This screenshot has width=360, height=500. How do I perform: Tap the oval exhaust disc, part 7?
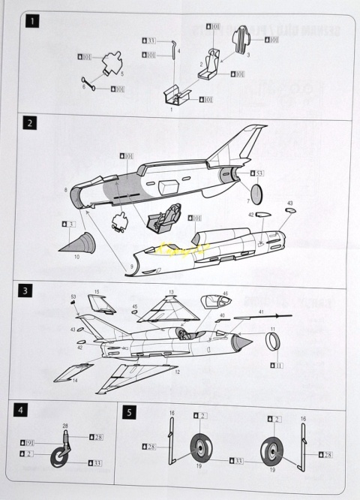tap(256, 194)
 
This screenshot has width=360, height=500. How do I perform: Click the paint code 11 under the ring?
tap(276, 365)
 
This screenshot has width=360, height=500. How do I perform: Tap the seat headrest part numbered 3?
tap(241, 40)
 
